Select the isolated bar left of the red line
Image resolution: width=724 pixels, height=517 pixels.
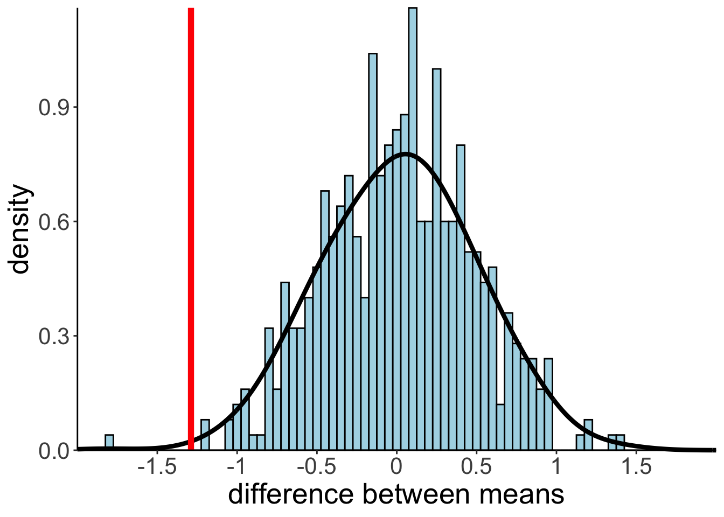(x=109, y=442)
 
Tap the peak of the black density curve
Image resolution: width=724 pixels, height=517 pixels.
(x=406, y=154)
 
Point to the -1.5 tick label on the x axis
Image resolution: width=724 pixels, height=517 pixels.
(x=157, y=467)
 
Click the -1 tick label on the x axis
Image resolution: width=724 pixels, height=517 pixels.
(x=236, y=467)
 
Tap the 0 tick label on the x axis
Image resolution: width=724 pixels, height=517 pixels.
(x=396, y=467)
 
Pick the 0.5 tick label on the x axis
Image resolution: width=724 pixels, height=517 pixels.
(x=476, y=467)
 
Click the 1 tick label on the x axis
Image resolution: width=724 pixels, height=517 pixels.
(x=556, y=467)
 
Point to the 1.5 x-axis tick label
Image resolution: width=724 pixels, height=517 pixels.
(x=636, y=467)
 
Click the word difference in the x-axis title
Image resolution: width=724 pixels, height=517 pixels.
(x=291, y=494)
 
